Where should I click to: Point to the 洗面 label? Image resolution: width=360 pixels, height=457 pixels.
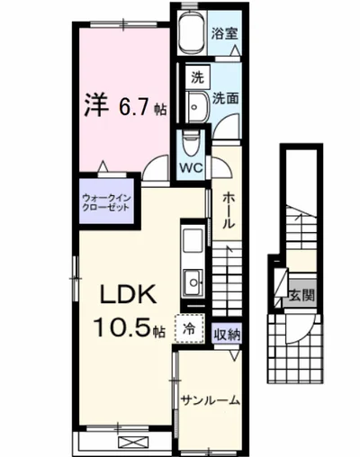click(225, 98)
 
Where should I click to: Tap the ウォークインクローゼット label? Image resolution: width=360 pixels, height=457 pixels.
click(105, 200)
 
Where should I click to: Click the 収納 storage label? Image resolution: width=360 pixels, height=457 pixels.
click(227, 334)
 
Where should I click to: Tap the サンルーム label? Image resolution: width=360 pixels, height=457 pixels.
click(209, 400)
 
